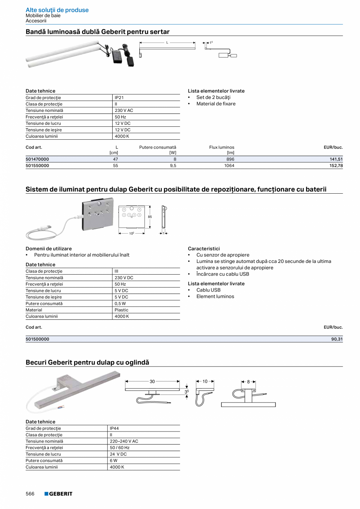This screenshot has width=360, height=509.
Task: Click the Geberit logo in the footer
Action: (x=58, y=494)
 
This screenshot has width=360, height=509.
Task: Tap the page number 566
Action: (x=30, y=494)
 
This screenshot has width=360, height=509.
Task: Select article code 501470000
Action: (x=38, y=159)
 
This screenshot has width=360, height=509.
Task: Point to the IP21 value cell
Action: (x=119, y=98)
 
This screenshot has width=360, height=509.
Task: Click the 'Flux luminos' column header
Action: (x=221, y=147)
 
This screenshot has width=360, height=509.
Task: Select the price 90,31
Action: (x=337, y=339)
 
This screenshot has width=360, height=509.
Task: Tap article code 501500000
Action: (x=38, y=339)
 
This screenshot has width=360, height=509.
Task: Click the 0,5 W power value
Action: (x=120, y=304)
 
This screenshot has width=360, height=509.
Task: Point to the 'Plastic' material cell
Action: (x=121, y=310)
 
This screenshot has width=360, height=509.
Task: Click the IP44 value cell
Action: (x=114, y=428)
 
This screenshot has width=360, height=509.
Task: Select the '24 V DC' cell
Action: (x=118, y=454)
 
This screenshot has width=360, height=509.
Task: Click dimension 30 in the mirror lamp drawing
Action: (x=152, y=381)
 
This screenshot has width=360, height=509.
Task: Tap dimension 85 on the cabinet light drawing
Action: (x=150, y=217)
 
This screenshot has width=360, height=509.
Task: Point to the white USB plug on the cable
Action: (x=46, y=227)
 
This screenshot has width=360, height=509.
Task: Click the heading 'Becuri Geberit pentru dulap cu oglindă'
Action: (x=87, y=362)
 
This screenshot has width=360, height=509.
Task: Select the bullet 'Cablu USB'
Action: (x=208, y=290)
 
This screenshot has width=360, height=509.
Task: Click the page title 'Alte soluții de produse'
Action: (x=57, y=10)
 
